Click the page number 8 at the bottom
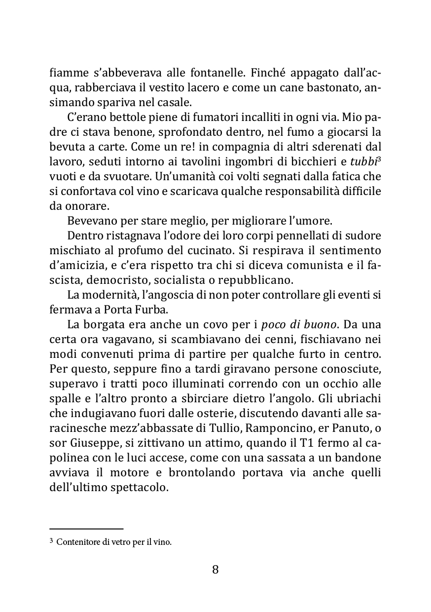point(215,570)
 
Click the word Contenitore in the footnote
point(76,542)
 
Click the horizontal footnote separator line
point(86,528)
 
